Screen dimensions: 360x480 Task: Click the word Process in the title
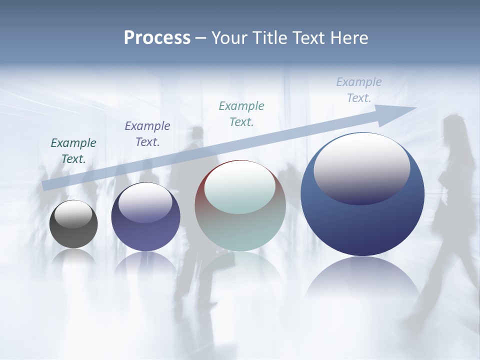pyautogui.click(x=157, y=38)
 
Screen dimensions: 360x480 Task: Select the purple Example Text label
pyautogui.click(x=147, y=134)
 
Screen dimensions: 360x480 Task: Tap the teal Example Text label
pyautogui.click(x=241, y=113)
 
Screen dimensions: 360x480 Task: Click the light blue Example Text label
pyautogui.click(x=359, y=90)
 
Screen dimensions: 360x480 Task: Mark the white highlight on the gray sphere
pyautogui.click(x=73, y=214)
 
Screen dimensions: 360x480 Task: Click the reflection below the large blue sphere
pyautogui.click(x=362, y=280)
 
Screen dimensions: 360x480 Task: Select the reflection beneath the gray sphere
pyautogui.click(x=73, y=257)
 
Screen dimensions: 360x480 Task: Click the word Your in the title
pyautogui.click(x=230, y=38)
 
